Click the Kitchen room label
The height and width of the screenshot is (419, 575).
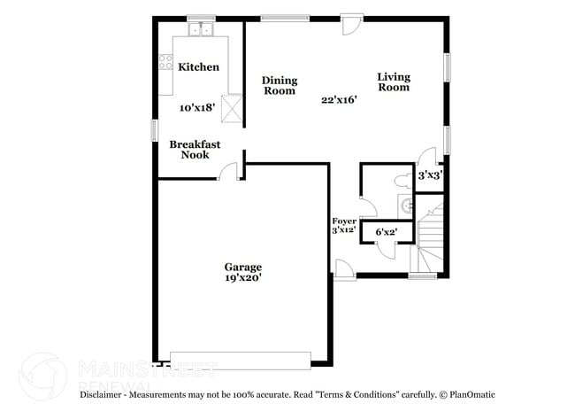198,67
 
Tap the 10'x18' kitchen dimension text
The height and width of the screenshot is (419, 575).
197,108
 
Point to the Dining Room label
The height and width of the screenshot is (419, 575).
279,85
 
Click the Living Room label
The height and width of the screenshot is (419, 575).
394,81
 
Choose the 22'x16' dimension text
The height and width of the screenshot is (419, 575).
338,100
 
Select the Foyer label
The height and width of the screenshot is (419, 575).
344,221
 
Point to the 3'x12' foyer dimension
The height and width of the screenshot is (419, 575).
344,230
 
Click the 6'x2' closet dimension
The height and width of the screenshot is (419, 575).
387,233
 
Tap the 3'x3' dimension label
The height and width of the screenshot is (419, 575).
430,175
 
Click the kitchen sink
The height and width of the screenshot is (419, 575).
202,30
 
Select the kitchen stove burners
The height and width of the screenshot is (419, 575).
165,61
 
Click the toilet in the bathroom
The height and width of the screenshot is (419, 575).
402,179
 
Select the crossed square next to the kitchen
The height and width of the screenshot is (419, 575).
231,109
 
